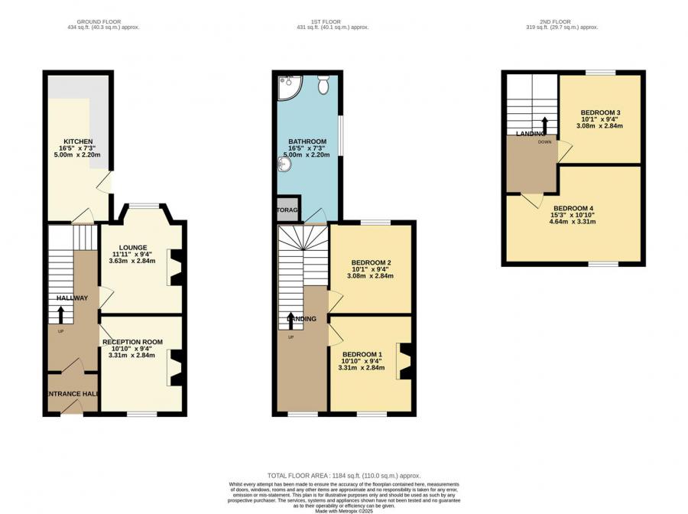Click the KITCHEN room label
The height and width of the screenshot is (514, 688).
[x=78, y=142]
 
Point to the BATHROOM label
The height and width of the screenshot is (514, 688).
[x=307, y=142]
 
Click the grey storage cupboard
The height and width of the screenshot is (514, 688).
[x=288, y=209]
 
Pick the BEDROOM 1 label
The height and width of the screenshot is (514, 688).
[x=362, y=354]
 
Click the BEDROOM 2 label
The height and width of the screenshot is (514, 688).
[x=372, y=263]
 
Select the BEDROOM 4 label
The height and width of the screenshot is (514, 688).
[x=573, y=209]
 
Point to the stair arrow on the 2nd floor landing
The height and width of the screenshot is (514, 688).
[x=544, y=124]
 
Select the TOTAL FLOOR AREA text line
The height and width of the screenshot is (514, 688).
[x=343, y=476]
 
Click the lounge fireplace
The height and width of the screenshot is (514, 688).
[x=176, y=268]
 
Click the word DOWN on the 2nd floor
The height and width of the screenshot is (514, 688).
[x=544, y=142]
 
